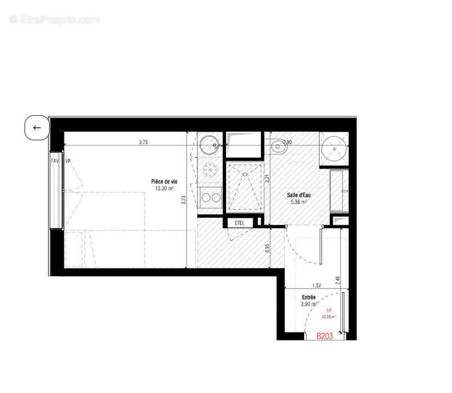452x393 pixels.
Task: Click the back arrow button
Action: [x=37, y=128]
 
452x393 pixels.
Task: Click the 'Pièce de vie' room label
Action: [x=164, y=181]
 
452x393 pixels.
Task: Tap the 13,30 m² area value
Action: [x=164, y=188]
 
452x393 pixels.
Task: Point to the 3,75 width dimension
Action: [x=143, y=143]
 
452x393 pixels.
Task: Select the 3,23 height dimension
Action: [x=184, y=200]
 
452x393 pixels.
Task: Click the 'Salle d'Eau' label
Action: [x=298, y=195]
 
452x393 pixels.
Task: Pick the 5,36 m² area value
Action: [x=298, y=202]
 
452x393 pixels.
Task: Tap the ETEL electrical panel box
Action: [x=240, y=222]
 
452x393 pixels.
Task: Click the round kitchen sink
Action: [x=210, y=144]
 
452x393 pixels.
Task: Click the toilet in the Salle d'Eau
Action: [x=279, y=147]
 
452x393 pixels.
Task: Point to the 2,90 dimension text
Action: [x=286, y=142]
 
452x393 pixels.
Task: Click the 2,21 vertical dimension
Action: [x=267, y=177]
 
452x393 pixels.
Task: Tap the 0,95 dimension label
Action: [x=267, y=248]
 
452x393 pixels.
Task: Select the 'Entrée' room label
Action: [x=309, y=297]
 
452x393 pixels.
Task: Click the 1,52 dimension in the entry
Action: [x=316, y=286]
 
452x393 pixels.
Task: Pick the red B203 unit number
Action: [x=325, y=337]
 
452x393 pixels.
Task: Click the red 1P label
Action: [x=329, y=310]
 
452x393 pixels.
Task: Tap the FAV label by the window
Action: [x=55, y=161]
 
